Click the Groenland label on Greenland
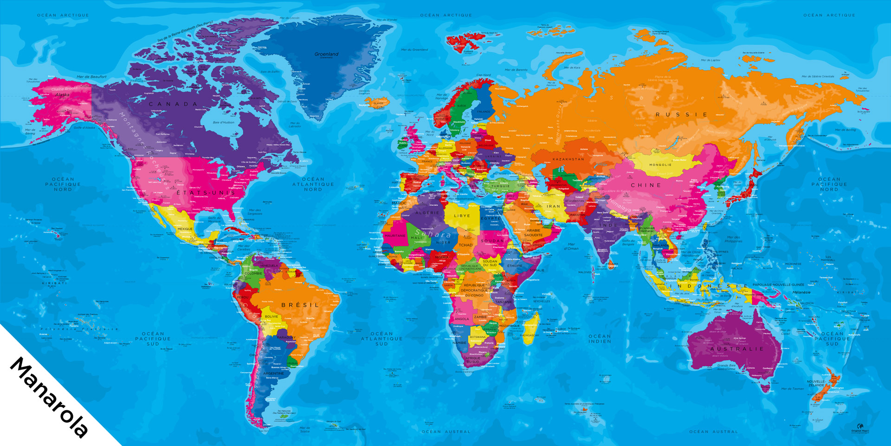(326, 54)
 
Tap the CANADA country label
(173, 104)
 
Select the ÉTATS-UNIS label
(206, 192)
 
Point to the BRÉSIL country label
(300, 305)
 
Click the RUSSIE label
(681, 114)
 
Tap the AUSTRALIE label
(736, 349)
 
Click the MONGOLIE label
(660, 164)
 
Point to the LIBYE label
(462, 216)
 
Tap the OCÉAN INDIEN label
(600, 339)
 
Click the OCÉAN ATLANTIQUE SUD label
(381, 339)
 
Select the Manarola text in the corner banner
(49, 397)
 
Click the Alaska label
(62, 95)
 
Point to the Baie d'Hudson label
(223, 122)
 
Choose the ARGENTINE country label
(273, 373)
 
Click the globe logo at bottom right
(860, 426)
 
